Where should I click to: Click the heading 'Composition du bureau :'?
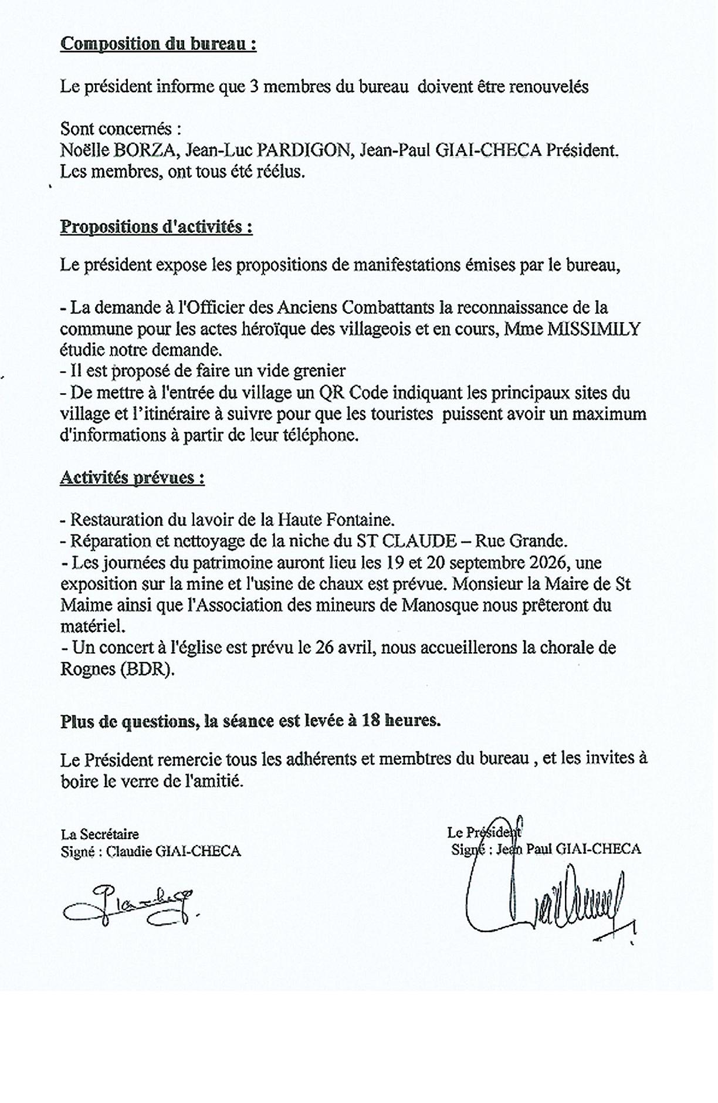pos(158,45)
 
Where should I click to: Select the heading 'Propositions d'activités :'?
pos(156,227)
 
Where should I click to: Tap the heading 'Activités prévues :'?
pos(132,478)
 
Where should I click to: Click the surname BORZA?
pos(145,151)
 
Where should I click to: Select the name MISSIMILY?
pos(593,329)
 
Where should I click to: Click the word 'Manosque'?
pos(440,605)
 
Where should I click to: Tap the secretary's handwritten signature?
pos(130,905)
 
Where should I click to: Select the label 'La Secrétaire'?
pos(100,834)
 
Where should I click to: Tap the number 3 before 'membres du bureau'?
pos(253,87)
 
